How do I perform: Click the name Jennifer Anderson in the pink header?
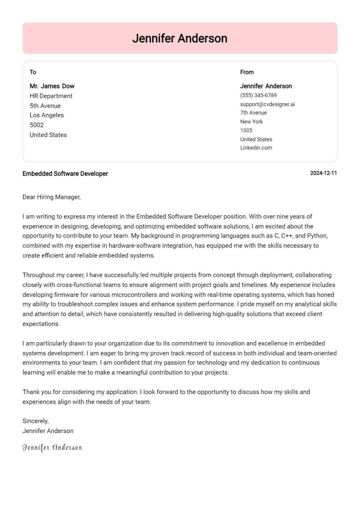coord(180,38)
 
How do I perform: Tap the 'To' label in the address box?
coord(33,72)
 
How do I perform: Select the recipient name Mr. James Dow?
coord(52,86)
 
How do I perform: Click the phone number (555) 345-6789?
coord(258,95)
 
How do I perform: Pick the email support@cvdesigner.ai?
coord(267,104)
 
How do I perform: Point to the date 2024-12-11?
coord(323,173)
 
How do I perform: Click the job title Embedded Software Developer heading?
coord(65,174)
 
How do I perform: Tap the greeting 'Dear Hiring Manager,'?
coord(51,197)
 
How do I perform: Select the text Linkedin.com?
coord(256,148)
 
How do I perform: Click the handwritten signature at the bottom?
coord(52,447)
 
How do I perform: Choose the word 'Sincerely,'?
coord(36,421)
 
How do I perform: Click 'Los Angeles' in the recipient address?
coord(47,115)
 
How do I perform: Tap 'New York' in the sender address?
coord(251,122)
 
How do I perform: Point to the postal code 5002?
coord(36,125)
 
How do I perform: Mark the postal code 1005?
coord(246,130)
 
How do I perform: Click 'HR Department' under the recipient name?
coord(51,96)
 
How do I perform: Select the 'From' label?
coord(247,72)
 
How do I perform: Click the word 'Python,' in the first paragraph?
coord(317,236)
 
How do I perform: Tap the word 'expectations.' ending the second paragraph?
coord(41,324)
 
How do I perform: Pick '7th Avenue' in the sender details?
coord(253,113)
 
